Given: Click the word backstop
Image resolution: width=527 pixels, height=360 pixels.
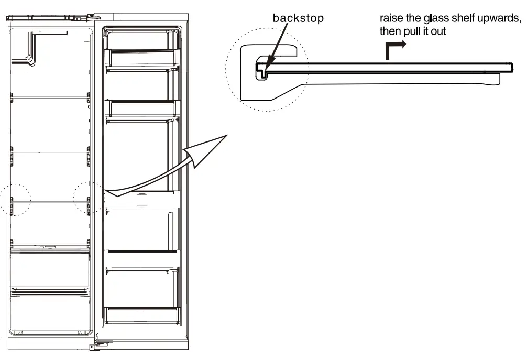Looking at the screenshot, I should pyautogui.click(x=298, y=18).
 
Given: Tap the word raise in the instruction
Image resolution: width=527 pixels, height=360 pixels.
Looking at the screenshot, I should pyautogui.click(x=391, y=19).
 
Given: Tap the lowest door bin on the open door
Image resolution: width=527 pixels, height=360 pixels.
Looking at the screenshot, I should pyautogui.click(x=142, y=315).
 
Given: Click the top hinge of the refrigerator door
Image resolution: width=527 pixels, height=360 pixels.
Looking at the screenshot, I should pyautogui.click(x=96, y=18).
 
